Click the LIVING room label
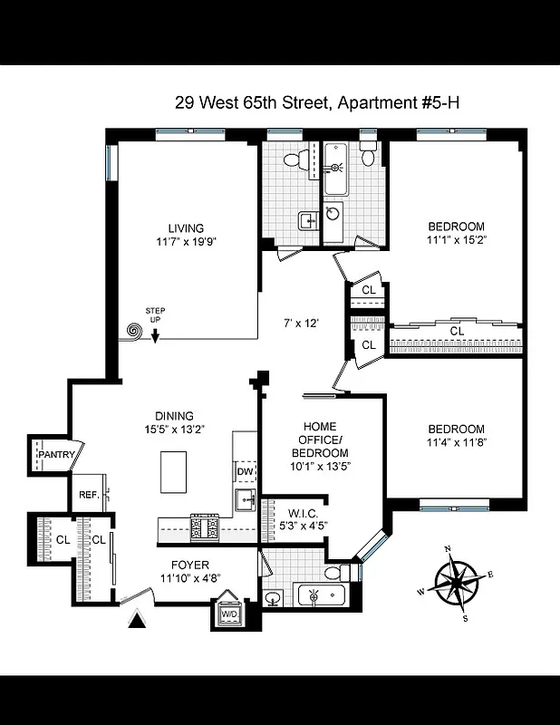(x=186, y=228)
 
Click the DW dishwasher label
(x=245, y=471)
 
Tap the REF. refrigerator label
(x=89, y=495)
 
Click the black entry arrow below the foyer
(x=137, y=621)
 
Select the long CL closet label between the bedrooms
(x=457, y=331)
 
